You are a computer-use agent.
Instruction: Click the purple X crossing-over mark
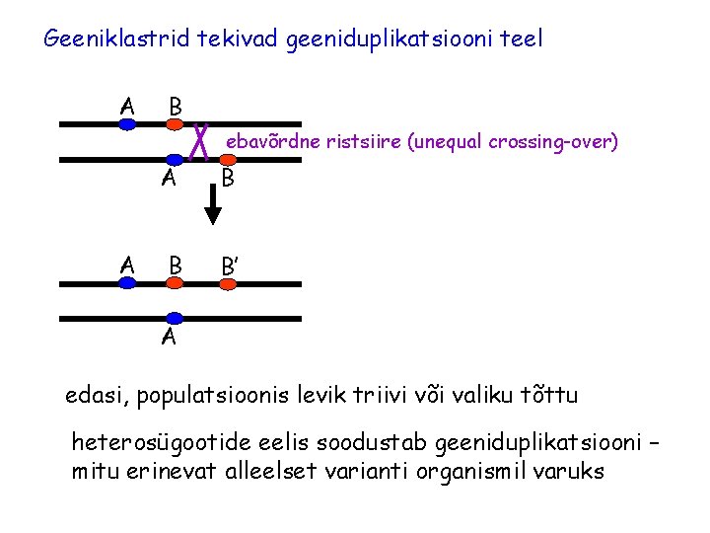(x=200, y=141)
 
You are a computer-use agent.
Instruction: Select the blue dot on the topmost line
(x=127, y=124)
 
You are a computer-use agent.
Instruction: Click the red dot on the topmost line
(x=175, y=124)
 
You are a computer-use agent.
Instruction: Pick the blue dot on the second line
(x=176, y=158)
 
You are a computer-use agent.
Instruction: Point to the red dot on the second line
(x=226, y=158)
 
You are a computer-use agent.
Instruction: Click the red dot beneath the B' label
(x=227, y=284)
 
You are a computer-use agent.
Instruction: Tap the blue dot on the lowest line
(x=176, y=318)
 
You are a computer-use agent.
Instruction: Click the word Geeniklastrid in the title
(x=118, y=39)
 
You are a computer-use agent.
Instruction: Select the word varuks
(x=569, y=471)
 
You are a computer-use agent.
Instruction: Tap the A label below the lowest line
(x=169, y=339)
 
